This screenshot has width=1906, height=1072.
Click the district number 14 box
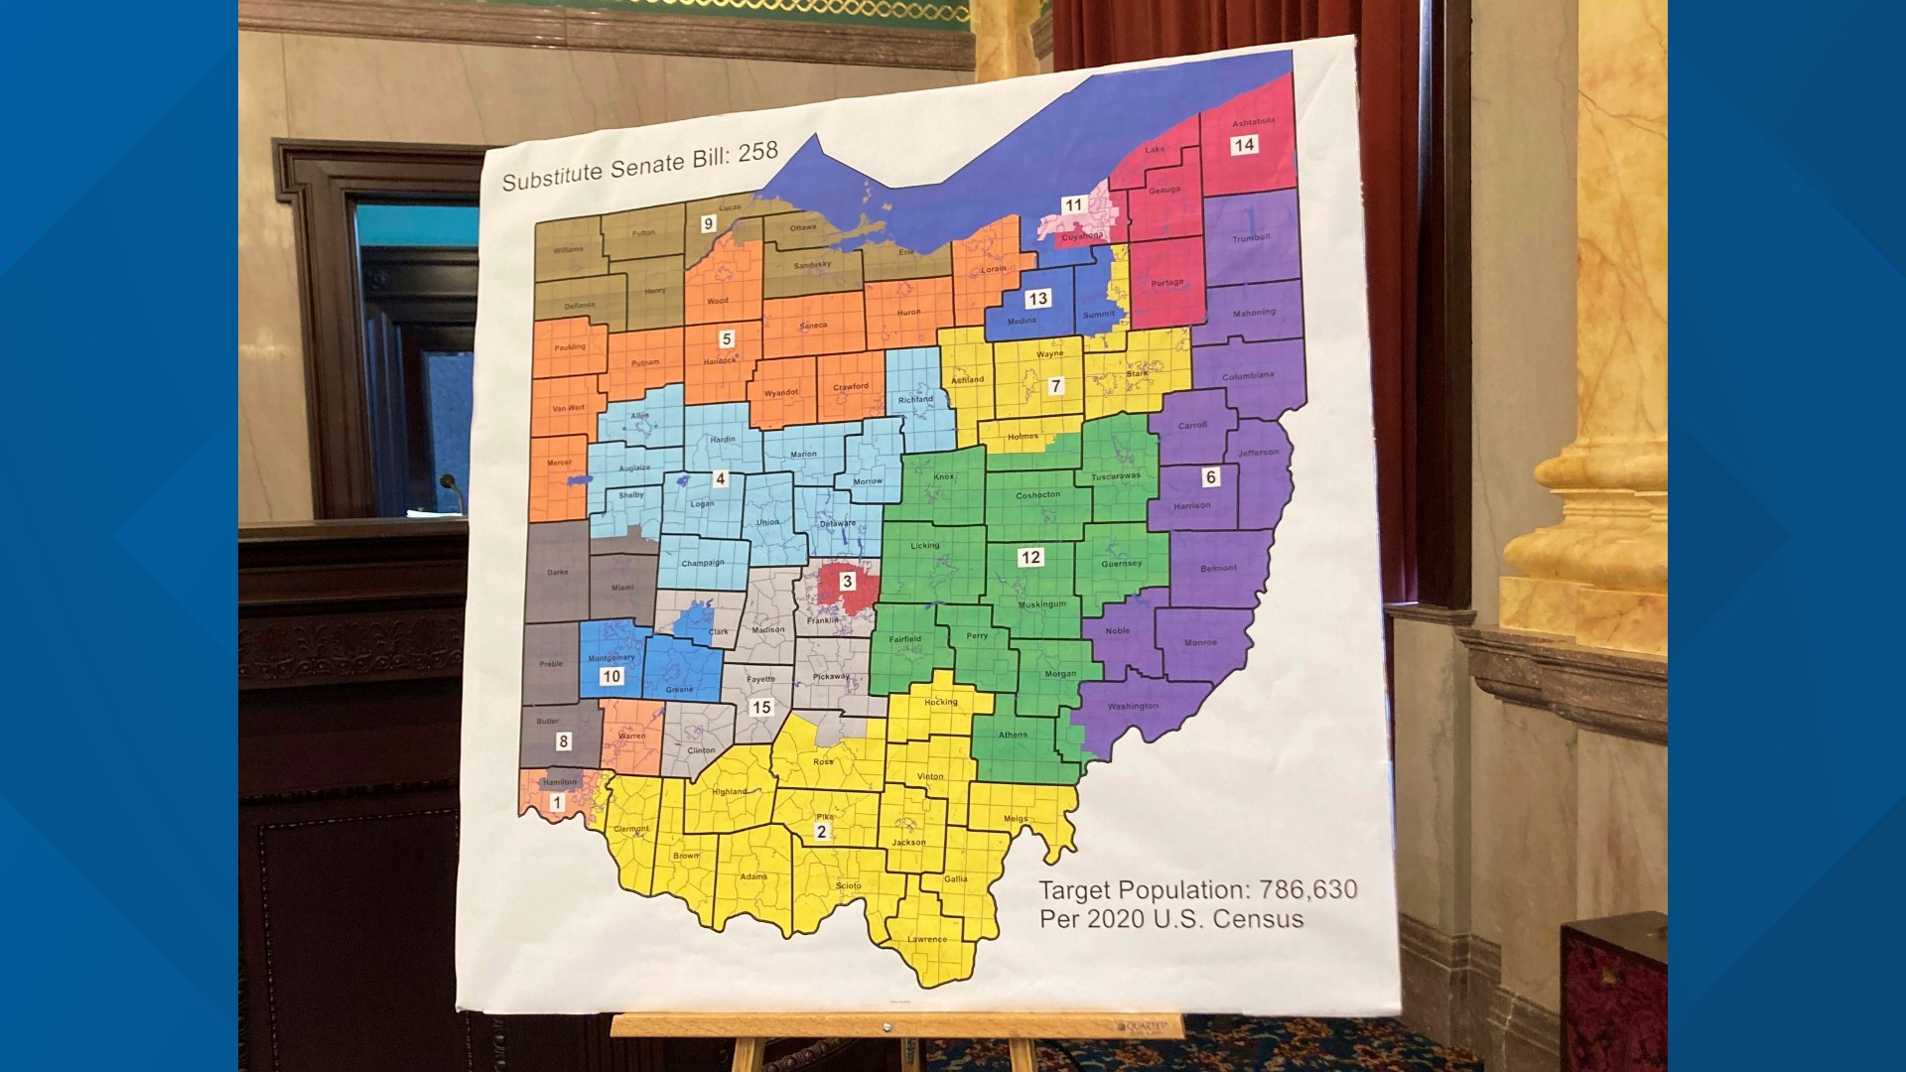pos(1243,145)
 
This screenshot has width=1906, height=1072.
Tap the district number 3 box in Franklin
pos(847,582)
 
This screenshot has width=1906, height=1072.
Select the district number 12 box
pos(1030,558)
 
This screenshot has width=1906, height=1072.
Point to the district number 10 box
pos(611,677)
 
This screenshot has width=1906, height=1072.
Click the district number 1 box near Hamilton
pos(557,803)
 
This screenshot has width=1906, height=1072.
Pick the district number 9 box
pos(708,224)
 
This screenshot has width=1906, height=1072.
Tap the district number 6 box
pos(1210,477)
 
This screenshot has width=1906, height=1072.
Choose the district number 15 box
pos(761,708)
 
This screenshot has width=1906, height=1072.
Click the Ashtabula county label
pos(1253,122)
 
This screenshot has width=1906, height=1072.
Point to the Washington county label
pos(1133,707)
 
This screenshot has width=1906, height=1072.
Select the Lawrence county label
pos(927,939)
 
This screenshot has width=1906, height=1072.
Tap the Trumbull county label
pos(1251,238)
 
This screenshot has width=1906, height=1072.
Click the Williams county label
pos(569,250)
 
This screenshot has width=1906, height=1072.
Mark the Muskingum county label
pos(1042,604)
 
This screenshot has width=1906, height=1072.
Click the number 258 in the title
pos(757,152)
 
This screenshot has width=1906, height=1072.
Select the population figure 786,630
pos(1307,889)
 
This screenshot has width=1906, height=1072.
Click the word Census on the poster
pos(1258,920)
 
